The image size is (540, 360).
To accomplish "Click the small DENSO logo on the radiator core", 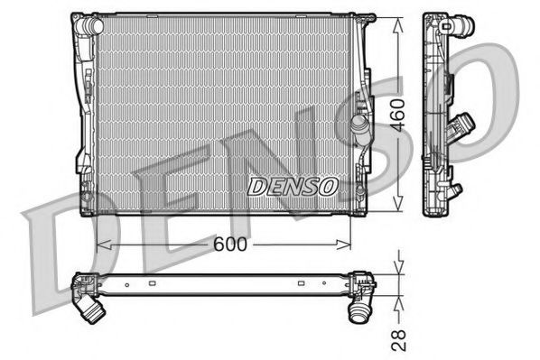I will tap(292, 186).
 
